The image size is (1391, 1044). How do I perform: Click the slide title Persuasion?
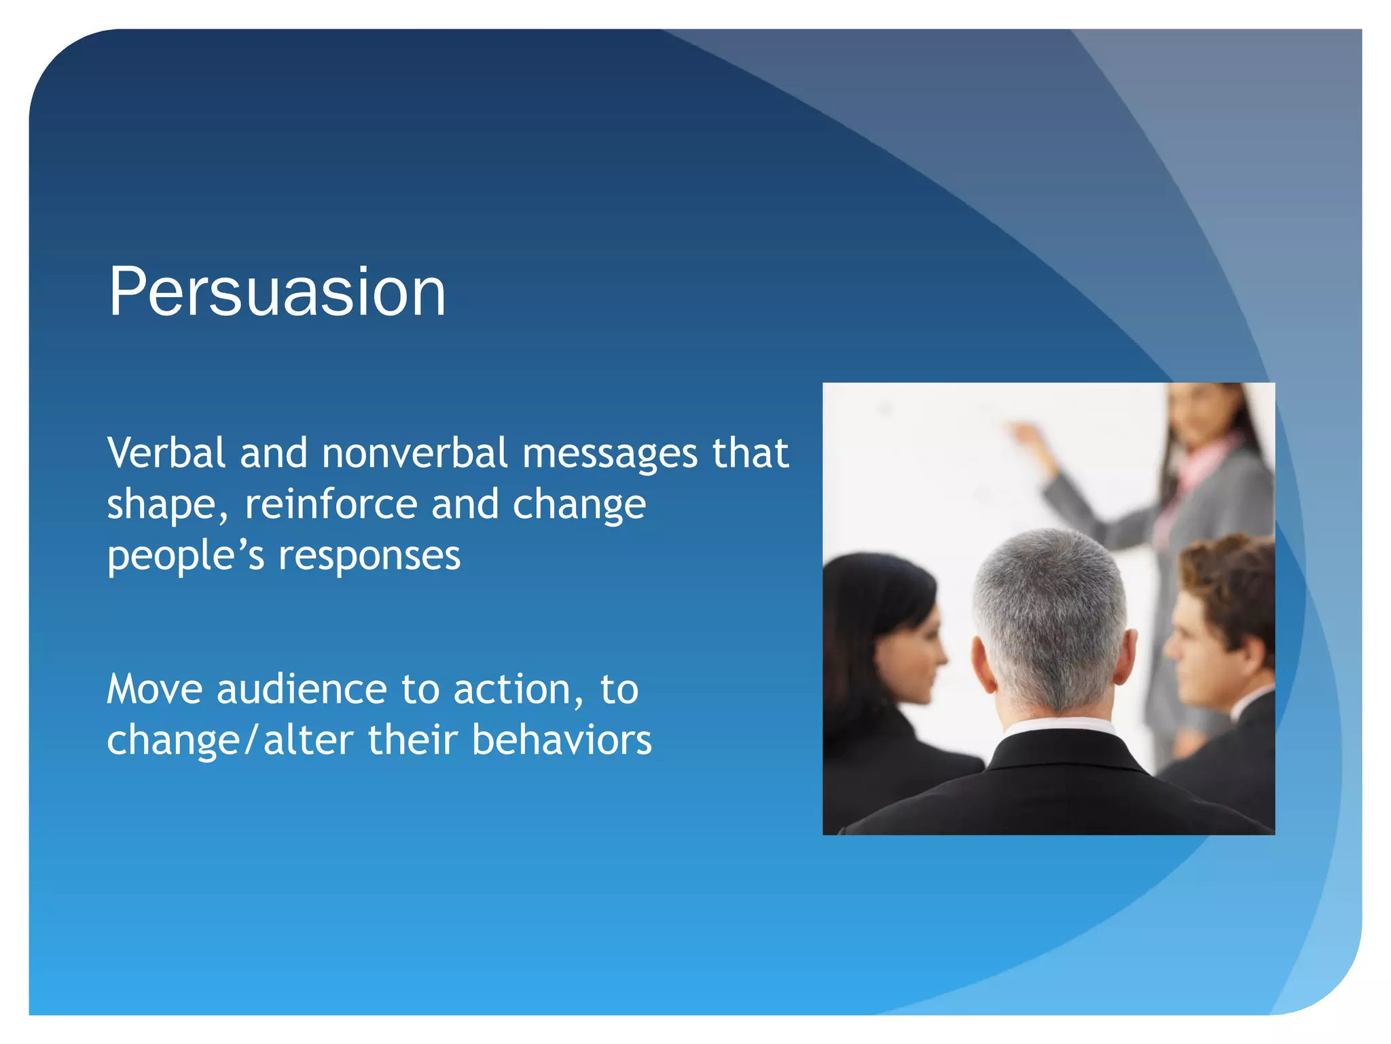(277, 292)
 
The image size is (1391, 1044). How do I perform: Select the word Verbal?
(166, 453)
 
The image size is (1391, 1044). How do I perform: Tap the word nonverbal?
(414, 453)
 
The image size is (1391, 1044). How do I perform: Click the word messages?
(609, 455)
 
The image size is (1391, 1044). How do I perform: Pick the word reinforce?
(331, 504)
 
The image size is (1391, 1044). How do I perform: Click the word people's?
(185, 556)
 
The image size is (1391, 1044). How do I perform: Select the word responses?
(369, 556)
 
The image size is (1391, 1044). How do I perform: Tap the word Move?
(155, 689)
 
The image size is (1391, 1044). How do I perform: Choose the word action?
(518, 690)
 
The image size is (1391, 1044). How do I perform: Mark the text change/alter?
(230, 740)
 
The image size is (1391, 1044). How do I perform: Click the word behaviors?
(562, 740)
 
